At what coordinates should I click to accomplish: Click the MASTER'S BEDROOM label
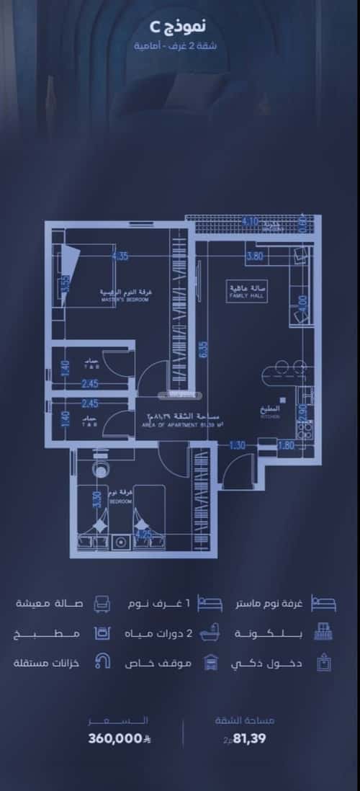(124, 295)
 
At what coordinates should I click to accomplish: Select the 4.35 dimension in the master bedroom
(120, 256)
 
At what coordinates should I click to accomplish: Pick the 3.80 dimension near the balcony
(254, 256)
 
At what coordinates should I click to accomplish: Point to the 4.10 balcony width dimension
(249, 221)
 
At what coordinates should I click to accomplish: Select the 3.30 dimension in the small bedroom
(96, 499)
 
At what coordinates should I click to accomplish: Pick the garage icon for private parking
(212, 663)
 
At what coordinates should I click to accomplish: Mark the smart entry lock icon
(323, 663)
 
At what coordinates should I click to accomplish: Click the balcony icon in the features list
(323, 633)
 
